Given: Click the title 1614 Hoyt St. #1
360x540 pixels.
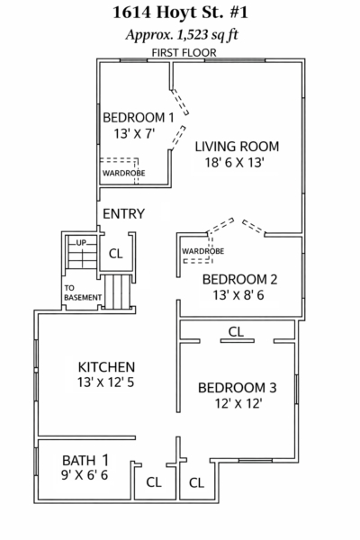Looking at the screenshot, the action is point(180,13).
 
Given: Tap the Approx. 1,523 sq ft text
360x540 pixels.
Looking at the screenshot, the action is point(182,35).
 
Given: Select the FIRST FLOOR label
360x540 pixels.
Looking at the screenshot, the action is point(184,53).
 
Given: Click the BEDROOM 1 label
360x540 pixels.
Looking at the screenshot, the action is point(139,117).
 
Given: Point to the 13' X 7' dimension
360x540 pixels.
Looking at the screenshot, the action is point(134,133).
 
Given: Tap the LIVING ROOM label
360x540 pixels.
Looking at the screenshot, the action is point(237,147).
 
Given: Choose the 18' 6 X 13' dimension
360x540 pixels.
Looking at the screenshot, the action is point(235,162).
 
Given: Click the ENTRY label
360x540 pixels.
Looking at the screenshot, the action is point(123,214).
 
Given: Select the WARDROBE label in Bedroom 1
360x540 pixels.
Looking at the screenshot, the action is point(123,173).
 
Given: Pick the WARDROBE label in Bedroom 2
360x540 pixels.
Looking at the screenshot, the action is point(202,251).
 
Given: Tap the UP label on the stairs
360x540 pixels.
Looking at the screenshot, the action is point(81,243).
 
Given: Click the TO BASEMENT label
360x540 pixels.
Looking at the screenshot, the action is point(83,292).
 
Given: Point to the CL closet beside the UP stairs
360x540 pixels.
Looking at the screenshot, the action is point(115,254).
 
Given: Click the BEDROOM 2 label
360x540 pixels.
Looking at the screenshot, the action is point(239,279).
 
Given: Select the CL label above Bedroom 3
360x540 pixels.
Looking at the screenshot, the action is point(236,331).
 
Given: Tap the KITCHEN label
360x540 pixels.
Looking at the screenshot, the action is point(106,367).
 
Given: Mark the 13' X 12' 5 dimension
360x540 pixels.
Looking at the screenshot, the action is point(106,382).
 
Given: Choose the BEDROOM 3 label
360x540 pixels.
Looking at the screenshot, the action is point(238,388).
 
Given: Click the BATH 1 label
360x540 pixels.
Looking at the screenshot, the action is point(85,460).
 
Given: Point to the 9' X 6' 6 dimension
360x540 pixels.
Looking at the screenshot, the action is point(85,475).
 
